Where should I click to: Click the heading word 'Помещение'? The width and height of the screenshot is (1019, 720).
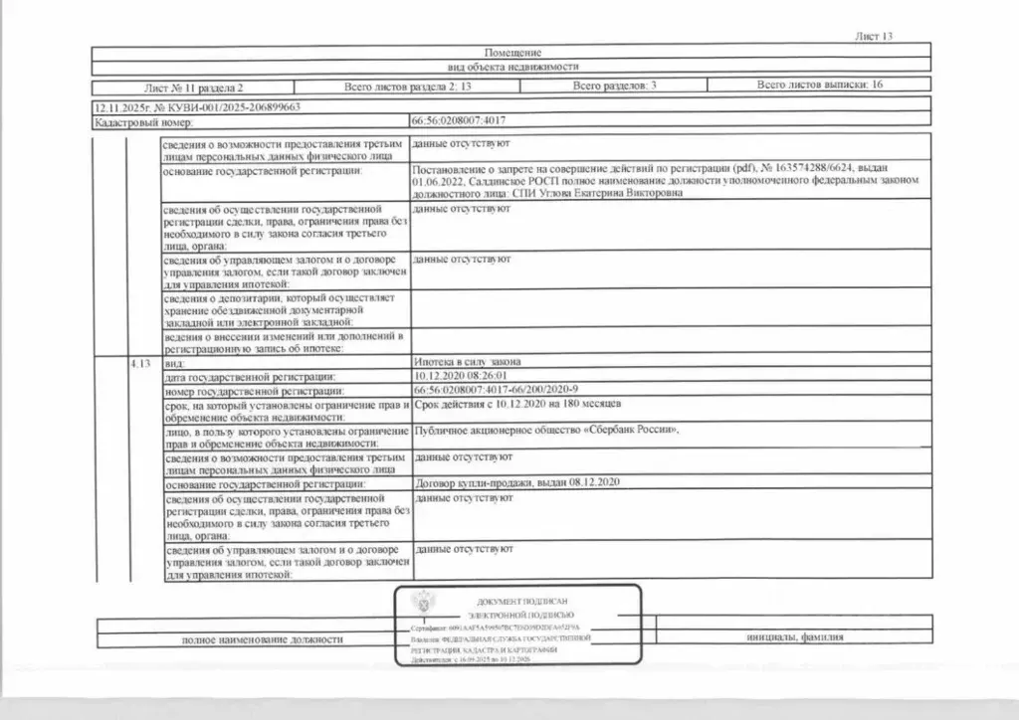pos(512,52)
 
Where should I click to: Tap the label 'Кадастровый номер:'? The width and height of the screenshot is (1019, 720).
pos(134,123)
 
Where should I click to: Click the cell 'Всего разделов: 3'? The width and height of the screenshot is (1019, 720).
pos(614,87)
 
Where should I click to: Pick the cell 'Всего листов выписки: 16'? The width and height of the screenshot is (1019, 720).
pos(819,87)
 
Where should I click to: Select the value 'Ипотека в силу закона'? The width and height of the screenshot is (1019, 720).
pos(465,363)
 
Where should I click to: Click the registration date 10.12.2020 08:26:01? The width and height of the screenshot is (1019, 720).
pos(460,377)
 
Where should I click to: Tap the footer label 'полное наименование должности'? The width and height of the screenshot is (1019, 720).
pos(262,639)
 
